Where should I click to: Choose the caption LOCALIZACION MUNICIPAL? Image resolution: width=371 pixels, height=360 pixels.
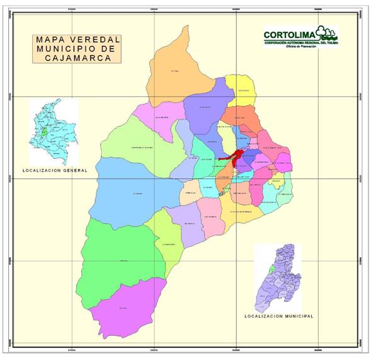coord(277,315)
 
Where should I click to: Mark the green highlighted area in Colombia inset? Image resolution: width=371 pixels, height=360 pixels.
coord(43,134)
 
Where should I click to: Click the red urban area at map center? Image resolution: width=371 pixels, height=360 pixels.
coord(234,158)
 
